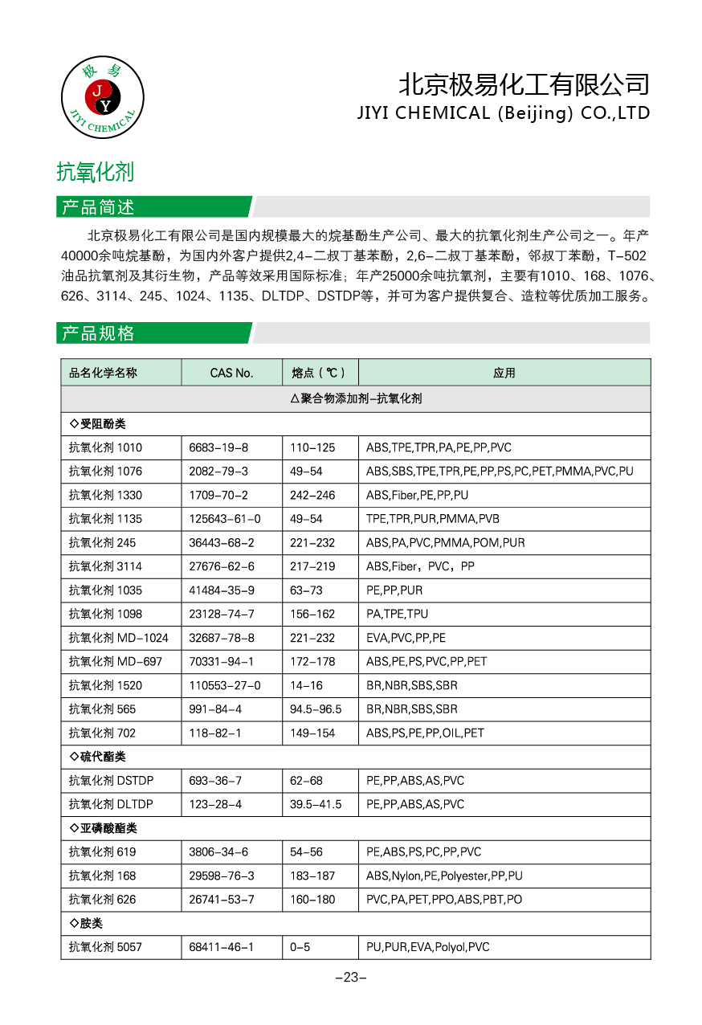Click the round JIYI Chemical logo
[x=102, y=98]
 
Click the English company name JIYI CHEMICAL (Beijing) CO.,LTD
[x=503, y=113]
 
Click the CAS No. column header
[x=231, y=373]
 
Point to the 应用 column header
[x=504, y=373]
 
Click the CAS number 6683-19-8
[x=218, y=447]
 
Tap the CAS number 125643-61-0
[x=224, y=519]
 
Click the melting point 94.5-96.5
[x=316, y=709]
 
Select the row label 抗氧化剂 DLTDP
[x=111, y=804]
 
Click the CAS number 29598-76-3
[x=222, y=876]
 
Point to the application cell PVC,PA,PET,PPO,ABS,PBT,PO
[x=443, y=900]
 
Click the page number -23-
[x=350, y=978]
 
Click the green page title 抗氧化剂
[x=95, y=171]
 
